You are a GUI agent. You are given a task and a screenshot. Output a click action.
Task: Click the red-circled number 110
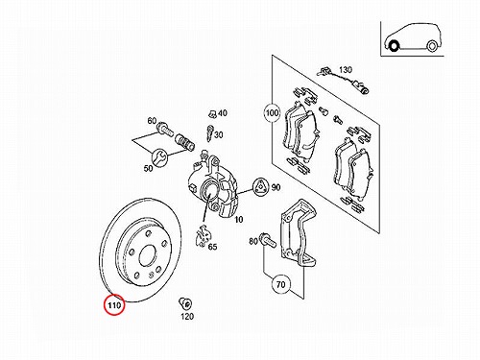[x=114, y=305]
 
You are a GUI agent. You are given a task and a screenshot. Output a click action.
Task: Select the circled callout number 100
[x=272, y=112]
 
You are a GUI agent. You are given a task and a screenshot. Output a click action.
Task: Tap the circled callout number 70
[x=280, y=284]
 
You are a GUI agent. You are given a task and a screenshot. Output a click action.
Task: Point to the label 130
[x=346, y=69]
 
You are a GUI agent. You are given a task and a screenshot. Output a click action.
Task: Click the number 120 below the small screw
[x=187, y=316]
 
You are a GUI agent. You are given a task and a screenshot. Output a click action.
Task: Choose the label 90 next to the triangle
[x=276, y=187]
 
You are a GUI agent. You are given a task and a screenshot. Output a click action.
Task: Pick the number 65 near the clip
[x=212, y=247]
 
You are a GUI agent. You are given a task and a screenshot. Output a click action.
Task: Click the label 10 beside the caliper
[x=239, y=220]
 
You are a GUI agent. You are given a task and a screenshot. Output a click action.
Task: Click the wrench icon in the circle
[x=159, y=157]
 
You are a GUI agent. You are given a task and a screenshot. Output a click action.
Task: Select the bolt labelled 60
[x=165, y=129]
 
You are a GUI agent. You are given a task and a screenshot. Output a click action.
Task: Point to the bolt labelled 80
[x=268, y=240]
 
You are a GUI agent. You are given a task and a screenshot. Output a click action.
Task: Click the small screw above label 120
[x=185, y=302]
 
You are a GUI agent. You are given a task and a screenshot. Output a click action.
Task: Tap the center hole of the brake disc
[x=148, y=255]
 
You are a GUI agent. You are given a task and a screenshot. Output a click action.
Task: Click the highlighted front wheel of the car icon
[x=393, y=46]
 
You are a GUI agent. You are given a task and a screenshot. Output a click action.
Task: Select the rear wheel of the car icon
[x=432, y=46]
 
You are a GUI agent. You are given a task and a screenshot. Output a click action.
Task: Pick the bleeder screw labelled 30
[x=210, y=132]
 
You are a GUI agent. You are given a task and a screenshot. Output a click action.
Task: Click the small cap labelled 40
[x=212, y=113]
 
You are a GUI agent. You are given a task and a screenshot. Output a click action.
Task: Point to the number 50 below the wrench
[x=148, y=168]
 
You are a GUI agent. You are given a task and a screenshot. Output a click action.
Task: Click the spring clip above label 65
[x=203, y=236]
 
